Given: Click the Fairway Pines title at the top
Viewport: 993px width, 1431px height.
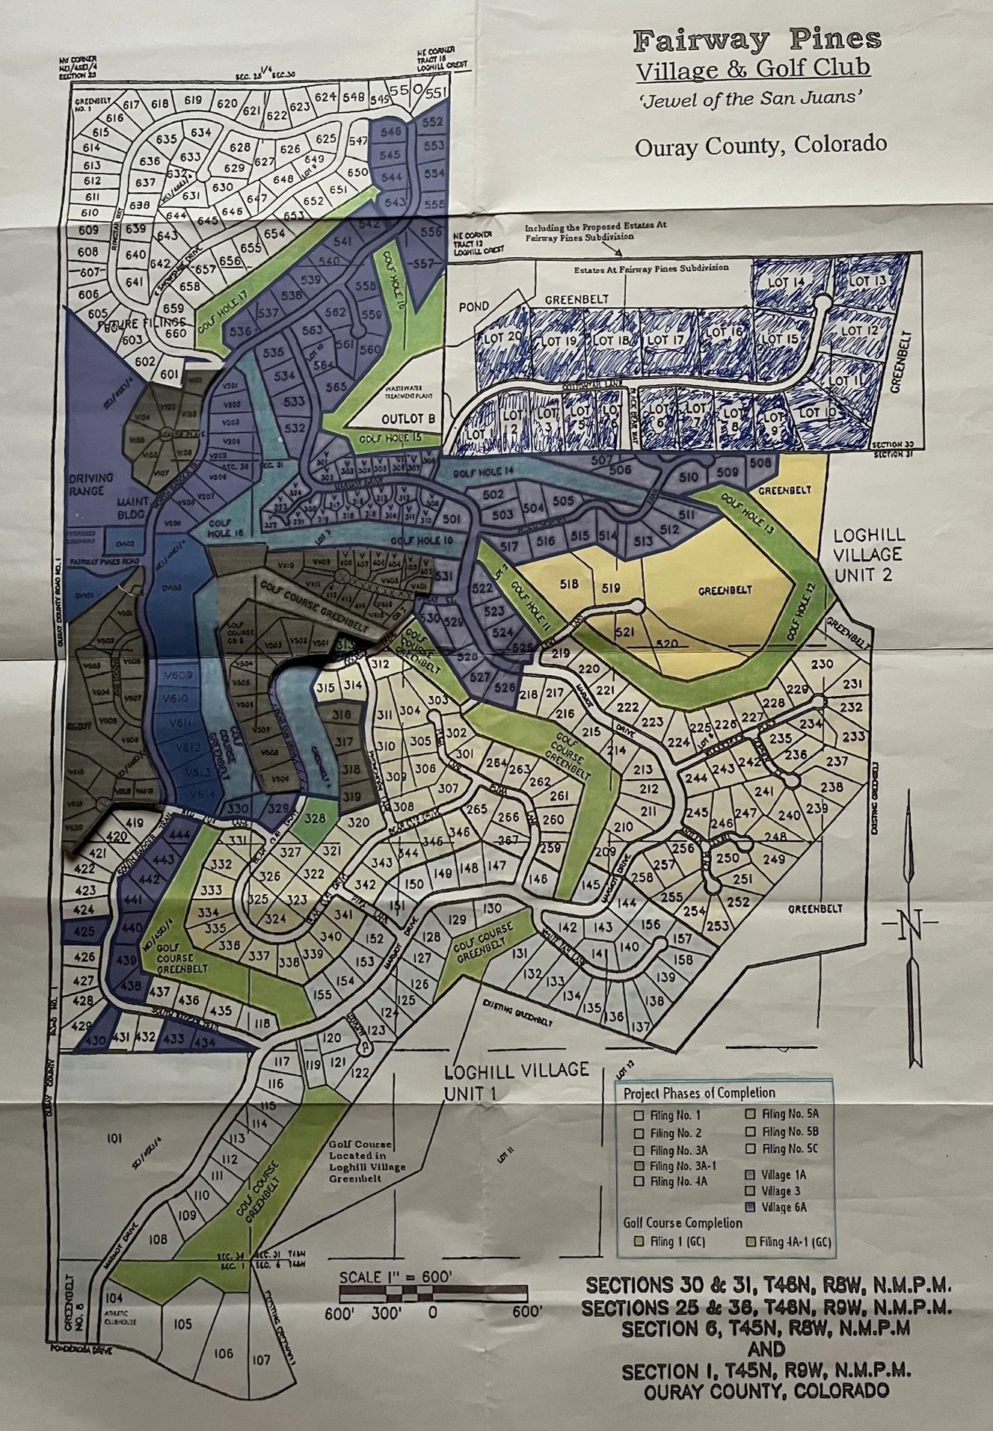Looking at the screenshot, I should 757,40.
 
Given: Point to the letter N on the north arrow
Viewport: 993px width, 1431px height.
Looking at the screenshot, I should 910,929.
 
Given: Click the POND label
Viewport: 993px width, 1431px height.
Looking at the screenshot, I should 475,307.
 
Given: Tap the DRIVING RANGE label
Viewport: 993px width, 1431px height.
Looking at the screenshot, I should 92,484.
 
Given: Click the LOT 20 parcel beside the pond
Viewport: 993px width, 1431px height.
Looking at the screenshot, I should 503,336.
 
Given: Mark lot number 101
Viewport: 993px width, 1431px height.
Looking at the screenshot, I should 114,1139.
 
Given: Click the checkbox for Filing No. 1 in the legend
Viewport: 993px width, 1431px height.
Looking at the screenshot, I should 639,1115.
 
